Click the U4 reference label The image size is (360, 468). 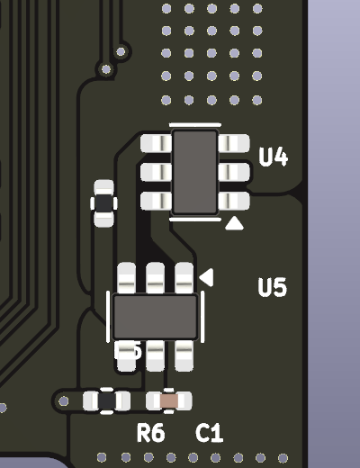(273, 157)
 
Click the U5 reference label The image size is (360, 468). (273, 287)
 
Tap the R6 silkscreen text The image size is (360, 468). (150, 433)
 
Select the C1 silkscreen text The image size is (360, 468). (209, 433)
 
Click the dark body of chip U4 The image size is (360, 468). (195, 172)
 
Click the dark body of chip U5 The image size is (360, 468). (155, 317)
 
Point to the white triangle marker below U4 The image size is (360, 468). (234, 223)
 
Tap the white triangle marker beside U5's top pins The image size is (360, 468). (207, 277)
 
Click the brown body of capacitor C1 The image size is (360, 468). (169, 400)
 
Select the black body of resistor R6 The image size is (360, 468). (107, 400)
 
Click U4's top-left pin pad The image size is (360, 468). (156, 143)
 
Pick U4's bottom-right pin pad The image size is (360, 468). (234, 201)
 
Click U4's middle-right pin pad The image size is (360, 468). (234, 172)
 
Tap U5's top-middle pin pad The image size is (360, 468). (155, 278)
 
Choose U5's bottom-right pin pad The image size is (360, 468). (184, 355)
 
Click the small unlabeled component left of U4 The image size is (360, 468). (103, 203)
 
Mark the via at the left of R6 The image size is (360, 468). (63, 401)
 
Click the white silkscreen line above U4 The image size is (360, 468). (195, 124)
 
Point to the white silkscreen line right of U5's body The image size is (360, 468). (202, 317)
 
